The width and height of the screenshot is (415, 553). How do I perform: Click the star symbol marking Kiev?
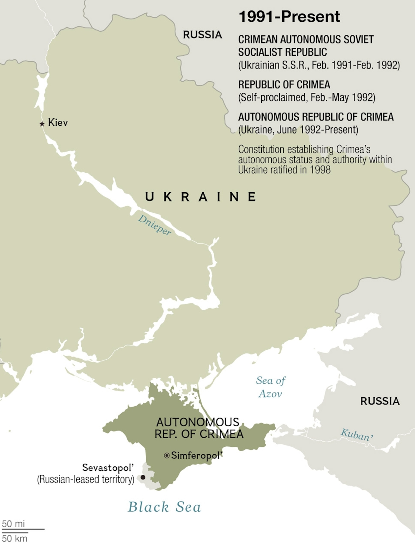point(42,124)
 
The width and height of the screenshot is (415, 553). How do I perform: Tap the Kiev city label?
point(58,123)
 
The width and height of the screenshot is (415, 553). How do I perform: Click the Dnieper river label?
point(154,225)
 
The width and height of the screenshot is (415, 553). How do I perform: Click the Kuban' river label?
point(357,435)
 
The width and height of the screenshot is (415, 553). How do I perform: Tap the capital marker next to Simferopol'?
point(167,455)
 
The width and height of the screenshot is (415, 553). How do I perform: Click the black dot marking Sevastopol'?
point(143,477)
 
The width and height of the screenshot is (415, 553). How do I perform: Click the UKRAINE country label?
point(201,197)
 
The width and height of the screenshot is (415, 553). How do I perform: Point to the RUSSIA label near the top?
point(203,35)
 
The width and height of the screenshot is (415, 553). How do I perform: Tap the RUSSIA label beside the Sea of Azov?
point(380,401)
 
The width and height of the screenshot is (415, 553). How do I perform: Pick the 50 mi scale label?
point(13,523)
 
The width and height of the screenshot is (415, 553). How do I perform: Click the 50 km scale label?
point(15,538)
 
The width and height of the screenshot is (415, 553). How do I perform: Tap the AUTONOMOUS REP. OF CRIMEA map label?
point(199,428)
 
